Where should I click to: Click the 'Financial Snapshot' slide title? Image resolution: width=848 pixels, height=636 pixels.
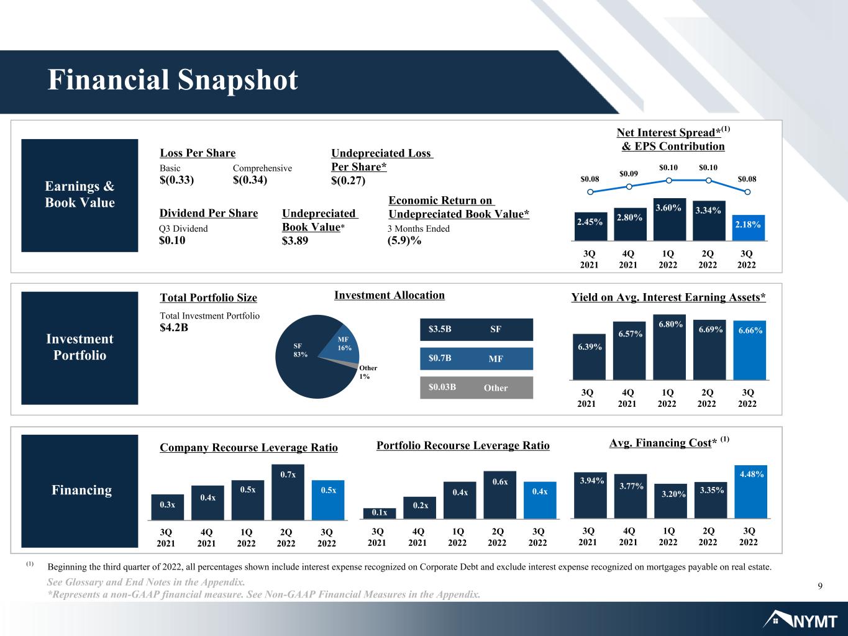(x=173, y=79)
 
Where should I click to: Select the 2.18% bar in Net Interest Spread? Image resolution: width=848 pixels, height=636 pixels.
(x=749, y=227)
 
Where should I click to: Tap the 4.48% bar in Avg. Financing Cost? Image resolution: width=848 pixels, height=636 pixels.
(x=750, y=491)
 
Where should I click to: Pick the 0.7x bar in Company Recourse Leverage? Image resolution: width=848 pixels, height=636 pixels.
(x=288, y=492)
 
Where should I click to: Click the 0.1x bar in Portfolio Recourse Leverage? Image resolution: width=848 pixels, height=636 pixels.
(x=380, y=513)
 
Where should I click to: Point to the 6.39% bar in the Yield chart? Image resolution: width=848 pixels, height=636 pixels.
(x=589, y=357)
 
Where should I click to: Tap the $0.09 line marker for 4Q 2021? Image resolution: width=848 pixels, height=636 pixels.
(x=629, y=186)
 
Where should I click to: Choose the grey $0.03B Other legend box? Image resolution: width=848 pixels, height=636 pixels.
(x=476, y=388)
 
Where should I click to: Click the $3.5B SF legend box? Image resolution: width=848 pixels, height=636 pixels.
(x=476, y=329)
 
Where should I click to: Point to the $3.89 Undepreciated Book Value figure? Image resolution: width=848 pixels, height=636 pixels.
(x=295, y=241)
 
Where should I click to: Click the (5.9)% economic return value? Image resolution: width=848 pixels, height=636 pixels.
(x=404, y=240)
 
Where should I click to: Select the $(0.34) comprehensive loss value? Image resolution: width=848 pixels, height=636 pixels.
(x=250, y=180)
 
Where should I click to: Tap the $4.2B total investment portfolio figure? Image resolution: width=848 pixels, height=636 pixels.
(x=174, y=327)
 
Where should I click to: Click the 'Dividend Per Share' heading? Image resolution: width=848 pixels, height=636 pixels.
(x=209, y=213)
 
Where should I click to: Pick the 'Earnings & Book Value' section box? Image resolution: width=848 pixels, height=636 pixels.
(x=80, y=196)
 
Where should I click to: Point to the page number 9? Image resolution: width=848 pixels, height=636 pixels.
(x=820, y=586)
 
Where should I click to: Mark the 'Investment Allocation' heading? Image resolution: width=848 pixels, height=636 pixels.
(x=390, y=295)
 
